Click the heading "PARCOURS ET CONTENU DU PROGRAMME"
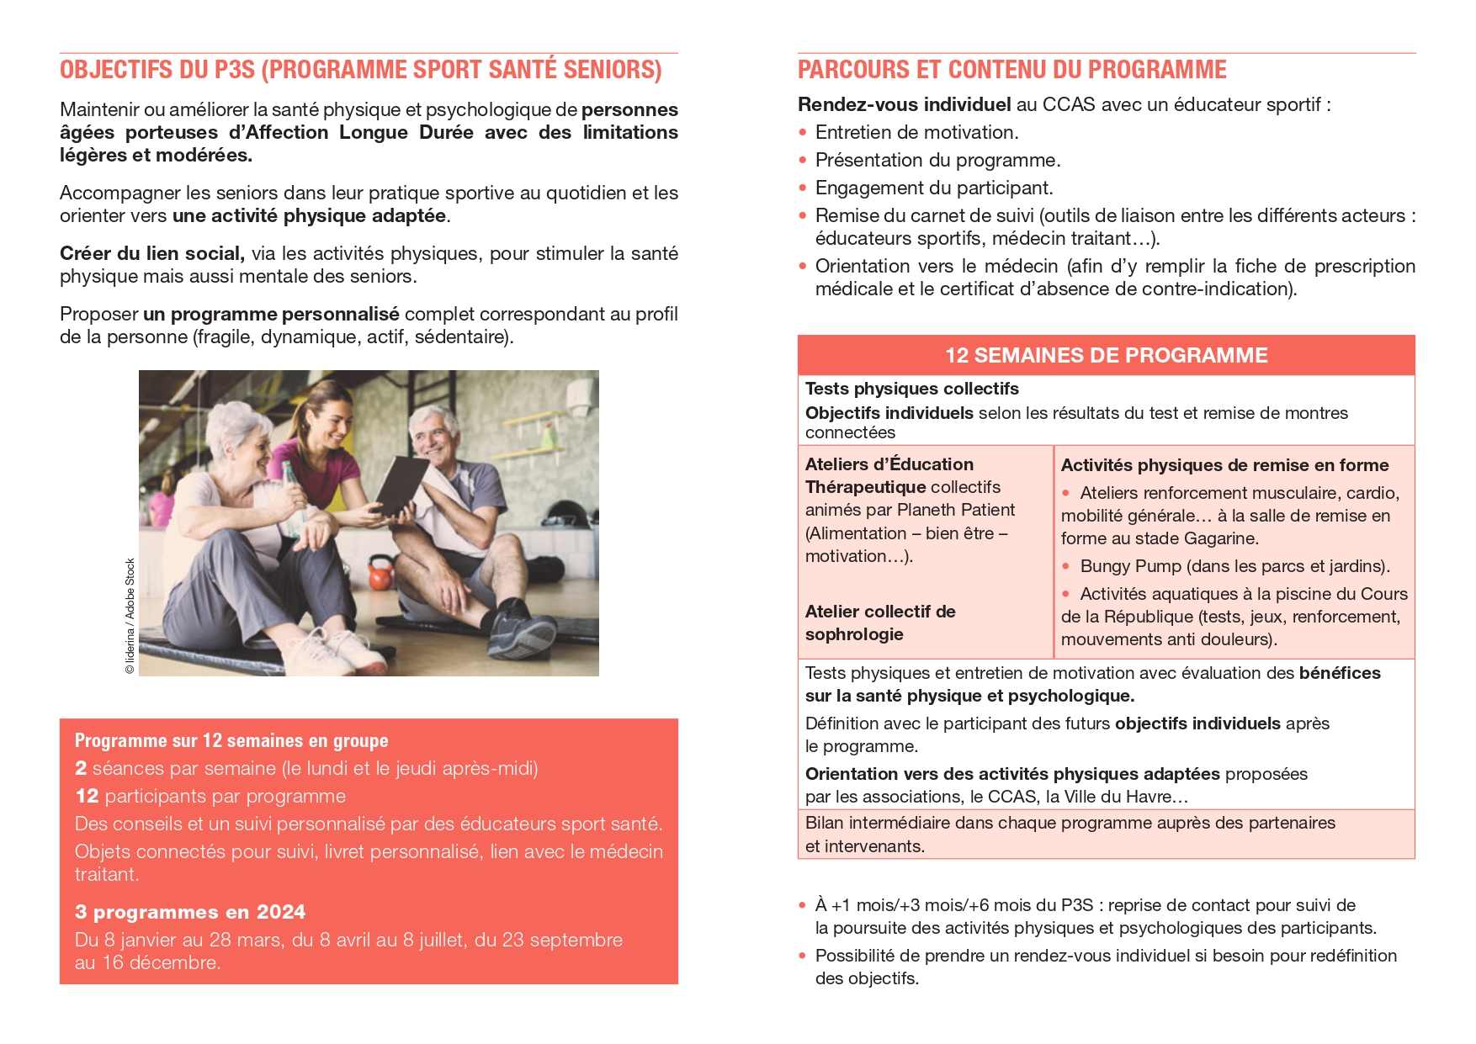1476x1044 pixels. tap(1011, 70)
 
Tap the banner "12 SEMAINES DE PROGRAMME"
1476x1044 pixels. tap(1106, 355)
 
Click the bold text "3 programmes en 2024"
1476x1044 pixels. tap(189, 912)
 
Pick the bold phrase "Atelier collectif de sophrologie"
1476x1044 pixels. tap(879, 623)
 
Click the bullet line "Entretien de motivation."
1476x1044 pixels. tap(916, 132)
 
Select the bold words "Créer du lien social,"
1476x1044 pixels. tap(151, 253)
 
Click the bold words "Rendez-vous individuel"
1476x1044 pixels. tap(904, 104)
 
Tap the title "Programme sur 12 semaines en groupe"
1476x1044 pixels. tap(231, 741)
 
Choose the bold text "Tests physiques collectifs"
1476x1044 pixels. tap(911, 389)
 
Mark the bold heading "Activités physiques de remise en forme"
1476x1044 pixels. tap(1224, 465)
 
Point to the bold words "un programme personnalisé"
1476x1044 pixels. tap(271, 314)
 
